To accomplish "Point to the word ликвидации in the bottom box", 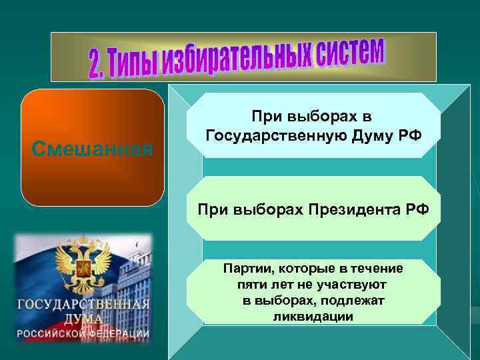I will click(313, 316).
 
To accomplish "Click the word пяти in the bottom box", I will click(249, 285).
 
